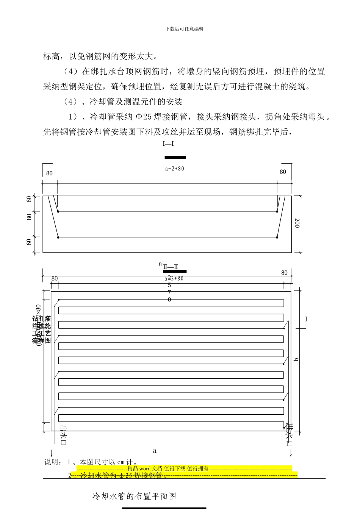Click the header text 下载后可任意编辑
[x=185, y=29]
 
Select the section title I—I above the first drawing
[x=168, y=144]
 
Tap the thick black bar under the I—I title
[x=175, y=157]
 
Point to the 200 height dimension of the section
[x=297, y=223]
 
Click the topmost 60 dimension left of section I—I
[x=29, y=199]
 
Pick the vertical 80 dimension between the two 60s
[x=29, y=217]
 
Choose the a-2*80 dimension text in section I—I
[x=175, y=169]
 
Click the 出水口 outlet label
[x=63, y=435]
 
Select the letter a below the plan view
[x=155, y=451]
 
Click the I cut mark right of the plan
[x=306, y=319]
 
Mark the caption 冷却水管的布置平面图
[x=135, y=496]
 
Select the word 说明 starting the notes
[x=52, y=462]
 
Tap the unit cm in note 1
[x=121, y=462]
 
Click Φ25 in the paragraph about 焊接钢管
[x=144, y=117]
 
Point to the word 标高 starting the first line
[x=52, y=57]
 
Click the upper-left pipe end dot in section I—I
[x=58, y=211]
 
